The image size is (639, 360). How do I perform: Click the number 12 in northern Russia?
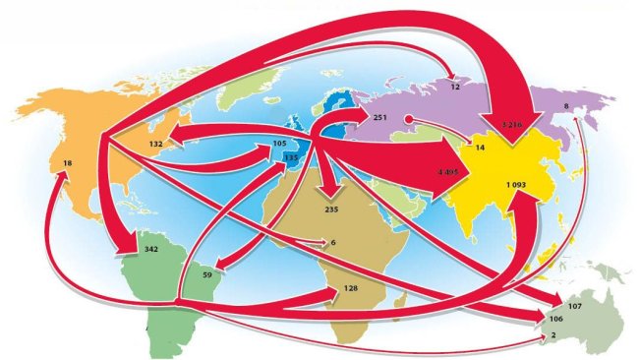455,87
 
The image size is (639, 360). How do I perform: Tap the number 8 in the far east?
565,105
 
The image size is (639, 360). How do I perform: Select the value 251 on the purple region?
382,117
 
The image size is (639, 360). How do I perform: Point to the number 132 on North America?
154,144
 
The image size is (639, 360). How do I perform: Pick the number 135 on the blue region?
290,157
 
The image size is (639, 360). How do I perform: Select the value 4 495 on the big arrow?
448,171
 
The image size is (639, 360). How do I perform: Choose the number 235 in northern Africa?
330,210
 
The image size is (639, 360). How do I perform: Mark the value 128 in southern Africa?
351,288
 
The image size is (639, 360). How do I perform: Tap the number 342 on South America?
150,251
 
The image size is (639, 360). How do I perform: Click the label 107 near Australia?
574,307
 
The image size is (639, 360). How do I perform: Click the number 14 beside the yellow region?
480,148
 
